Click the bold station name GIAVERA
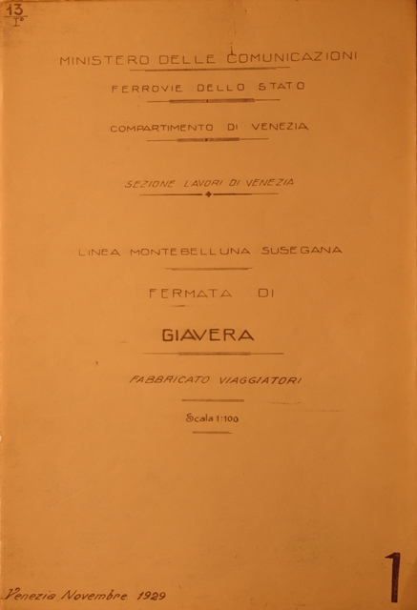tap(208, 335)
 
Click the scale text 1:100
tap(222, 417)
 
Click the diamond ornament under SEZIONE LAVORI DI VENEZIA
tap(208, 194)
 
